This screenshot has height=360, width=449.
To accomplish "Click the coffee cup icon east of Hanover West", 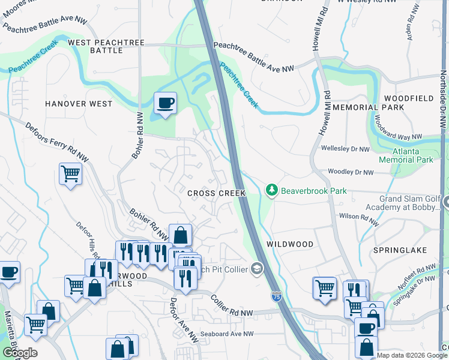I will coord(165,103).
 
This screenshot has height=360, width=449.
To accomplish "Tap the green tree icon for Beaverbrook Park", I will coord(272,191).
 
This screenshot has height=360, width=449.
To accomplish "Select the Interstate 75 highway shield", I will coord(276,296).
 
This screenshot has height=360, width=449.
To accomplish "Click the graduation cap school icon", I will coord(257,268).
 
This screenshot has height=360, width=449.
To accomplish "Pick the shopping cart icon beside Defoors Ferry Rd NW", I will coord(71,174).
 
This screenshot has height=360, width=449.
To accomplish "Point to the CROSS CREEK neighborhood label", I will coord(216,193).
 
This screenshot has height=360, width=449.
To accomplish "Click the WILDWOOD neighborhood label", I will coord(290,244).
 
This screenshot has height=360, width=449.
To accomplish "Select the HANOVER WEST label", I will coord(79,104).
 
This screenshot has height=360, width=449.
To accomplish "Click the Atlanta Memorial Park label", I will coord(406,156).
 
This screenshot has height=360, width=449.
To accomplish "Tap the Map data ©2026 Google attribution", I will coord(412,355).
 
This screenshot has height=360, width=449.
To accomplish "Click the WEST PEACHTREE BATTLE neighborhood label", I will coord(104,47).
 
